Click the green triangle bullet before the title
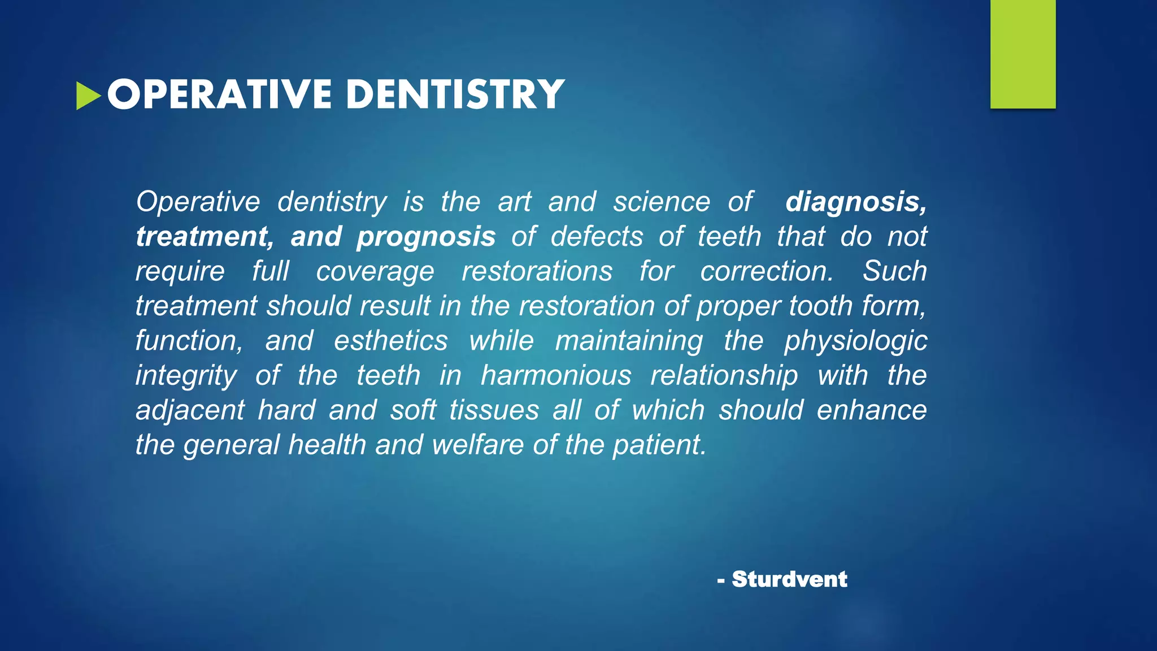click(x=88, y=96)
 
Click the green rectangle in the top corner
click(x=1023, y=54)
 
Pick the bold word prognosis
click(x=426, y=237)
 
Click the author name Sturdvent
click(x=789, y=579)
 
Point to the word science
click(x=662, y=202)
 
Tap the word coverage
click(x=375, y=272)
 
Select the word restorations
click(x=537, y=271)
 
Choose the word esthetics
click(x=390, y=341)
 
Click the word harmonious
click(x=556, y=376)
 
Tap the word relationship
click(x=724, y=376)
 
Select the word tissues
click(x=494, y=410)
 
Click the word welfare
click(x=478, y=445)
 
